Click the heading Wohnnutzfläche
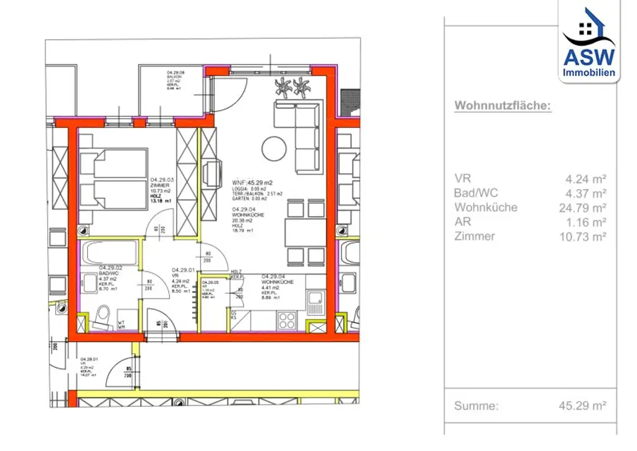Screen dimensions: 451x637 (503, 106)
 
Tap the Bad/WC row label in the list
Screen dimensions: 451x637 (476, 193)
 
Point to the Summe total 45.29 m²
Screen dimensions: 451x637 (582, 406)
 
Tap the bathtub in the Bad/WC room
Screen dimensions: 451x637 (111, 253)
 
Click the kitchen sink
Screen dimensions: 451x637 (315, 303)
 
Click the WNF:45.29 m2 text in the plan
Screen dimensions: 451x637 (252, 183)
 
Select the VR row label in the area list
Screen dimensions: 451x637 (463, 179)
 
